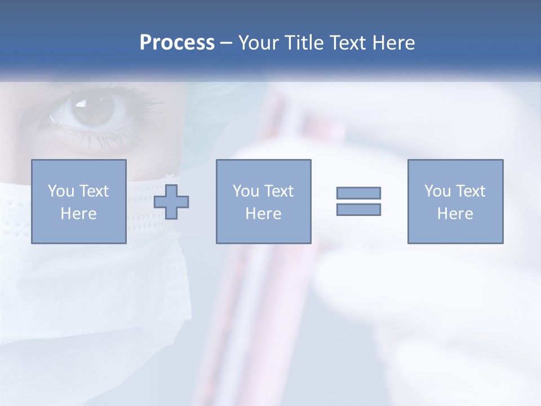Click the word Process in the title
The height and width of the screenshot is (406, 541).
pos(177,43)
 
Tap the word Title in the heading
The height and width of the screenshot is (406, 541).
pos(304,43)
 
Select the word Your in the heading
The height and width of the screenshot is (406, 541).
pos(259,43)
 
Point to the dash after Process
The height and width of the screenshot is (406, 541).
pos(227,43)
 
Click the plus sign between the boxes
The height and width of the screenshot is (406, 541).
pos(172,201)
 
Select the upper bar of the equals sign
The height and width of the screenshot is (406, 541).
pos(358,193)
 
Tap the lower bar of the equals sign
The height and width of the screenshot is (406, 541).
pos(358,209)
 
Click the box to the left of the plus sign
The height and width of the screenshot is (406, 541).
pos(78,201)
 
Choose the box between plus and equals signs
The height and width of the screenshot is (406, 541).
pos(263,201)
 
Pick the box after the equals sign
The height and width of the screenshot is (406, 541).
pos(455,201)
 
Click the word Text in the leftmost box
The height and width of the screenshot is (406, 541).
pos(94,191)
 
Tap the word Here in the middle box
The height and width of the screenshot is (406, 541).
pos(263,214)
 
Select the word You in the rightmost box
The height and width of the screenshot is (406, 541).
pos(438,191)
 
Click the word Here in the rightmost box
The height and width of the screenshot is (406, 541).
pos(455,214)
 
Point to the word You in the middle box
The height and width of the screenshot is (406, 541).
pos(246,191)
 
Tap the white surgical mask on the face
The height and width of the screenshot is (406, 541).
pos(96,282)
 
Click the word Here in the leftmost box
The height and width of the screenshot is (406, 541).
pos(78,214)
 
